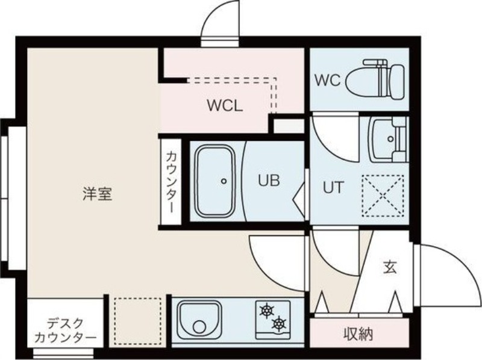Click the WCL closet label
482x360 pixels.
[x=225, y=107]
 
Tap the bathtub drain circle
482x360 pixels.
[x=224, y=180]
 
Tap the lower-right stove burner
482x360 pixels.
[x=279, y=326]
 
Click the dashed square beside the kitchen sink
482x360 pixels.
[x=138, y=320]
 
